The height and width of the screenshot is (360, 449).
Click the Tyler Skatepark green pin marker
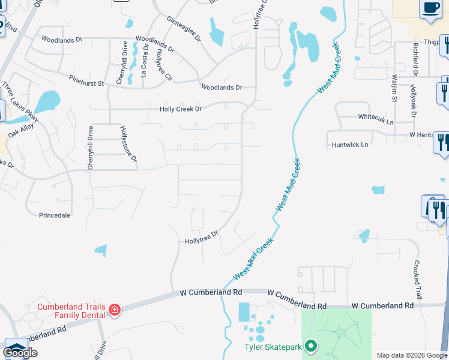pos(310,346)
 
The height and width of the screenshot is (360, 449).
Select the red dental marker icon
pos(114,310)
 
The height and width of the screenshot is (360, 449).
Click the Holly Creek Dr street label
pos(180,109)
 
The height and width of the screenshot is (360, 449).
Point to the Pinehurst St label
pos(86,77)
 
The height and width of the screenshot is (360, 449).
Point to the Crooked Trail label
pos(417,277)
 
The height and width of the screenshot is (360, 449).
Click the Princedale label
pos(55,215)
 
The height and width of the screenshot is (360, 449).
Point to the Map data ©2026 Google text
pos(412,355)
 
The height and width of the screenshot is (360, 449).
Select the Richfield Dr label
pos(415,59)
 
